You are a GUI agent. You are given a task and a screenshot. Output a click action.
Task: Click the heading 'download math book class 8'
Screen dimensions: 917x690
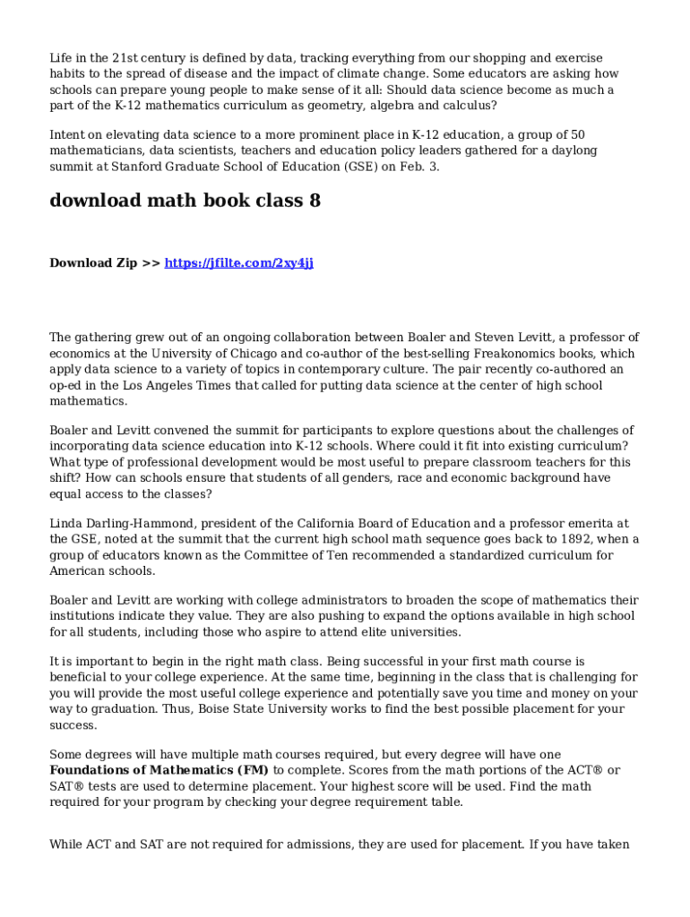185,201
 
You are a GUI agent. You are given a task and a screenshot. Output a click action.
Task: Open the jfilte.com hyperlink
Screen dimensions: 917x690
238,263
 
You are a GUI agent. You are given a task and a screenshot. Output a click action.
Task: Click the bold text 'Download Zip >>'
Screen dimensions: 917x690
105,263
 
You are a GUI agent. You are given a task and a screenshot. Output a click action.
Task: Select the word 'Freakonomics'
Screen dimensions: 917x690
519,354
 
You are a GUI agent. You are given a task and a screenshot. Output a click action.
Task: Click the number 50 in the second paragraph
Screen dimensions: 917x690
577,134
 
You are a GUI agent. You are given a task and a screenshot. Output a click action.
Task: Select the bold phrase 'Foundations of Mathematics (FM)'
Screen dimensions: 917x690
160,770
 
